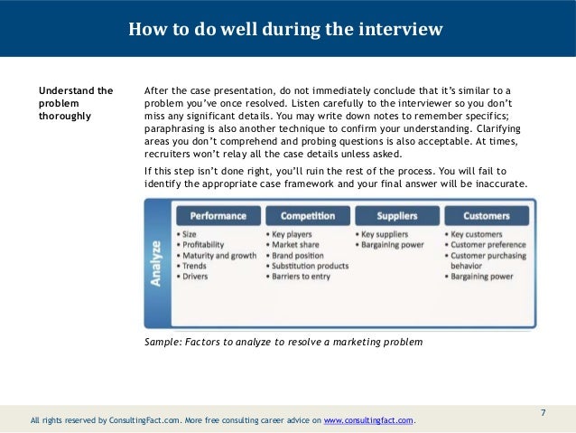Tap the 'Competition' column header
307,216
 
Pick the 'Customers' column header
486,216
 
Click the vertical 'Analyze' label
157,263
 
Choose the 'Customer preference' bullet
491,245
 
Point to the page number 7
543,413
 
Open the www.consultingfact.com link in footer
368,421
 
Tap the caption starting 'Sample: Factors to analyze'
283,342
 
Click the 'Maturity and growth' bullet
218,256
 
